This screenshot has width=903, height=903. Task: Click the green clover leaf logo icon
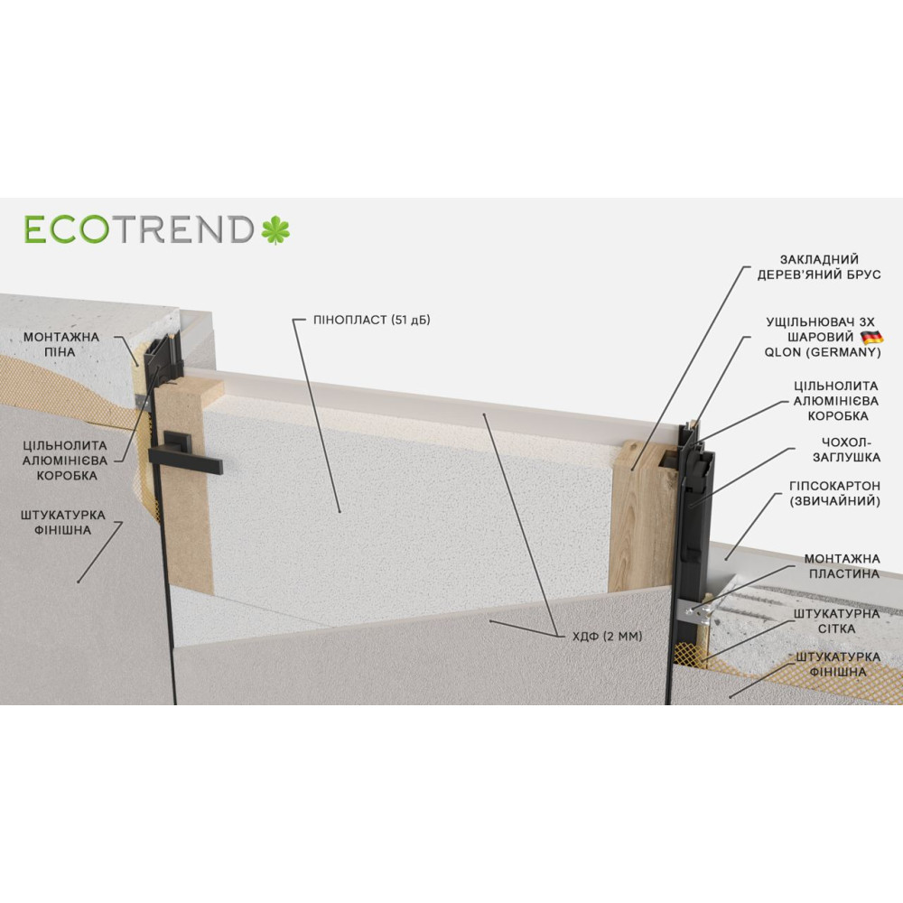[x=275, y=229]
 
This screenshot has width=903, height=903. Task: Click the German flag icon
[x=871, y=337]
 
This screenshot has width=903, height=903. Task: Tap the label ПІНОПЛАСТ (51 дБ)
[x=371, y=320]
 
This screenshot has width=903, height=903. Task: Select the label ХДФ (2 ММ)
[x=607, y=636]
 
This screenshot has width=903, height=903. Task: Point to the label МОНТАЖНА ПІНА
[x=61, y=344]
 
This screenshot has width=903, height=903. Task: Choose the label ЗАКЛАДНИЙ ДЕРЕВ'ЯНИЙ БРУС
[x=819, y=266]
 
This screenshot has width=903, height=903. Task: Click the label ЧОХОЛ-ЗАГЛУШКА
[x=846, y=450]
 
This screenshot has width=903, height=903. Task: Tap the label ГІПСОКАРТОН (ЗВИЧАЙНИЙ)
[x=834, y=494]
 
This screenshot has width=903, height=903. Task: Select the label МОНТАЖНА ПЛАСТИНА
[x=842, y=566]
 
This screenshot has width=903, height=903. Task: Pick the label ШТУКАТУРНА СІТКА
[x=837, y=621]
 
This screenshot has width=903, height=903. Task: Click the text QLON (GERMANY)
[x=823, y=352]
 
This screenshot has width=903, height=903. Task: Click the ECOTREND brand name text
[x=139, y=229]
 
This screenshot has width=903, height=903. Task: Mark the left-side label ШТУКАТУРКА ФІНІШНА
[x=63, y=522]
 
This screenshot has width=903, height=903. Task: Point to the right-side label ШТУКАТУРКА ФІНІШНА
[x=838, y=664]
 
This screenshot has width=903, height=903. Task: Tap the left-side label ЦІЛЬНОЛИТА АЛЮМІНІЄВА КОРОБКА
[x=65, y=461]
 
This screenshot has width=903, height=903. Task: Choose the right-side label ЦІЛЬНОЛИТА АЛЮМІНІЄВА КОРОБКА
[x=835, y=400]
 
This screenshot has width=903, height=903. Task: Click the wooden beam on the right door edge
[x=643, y=516]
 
